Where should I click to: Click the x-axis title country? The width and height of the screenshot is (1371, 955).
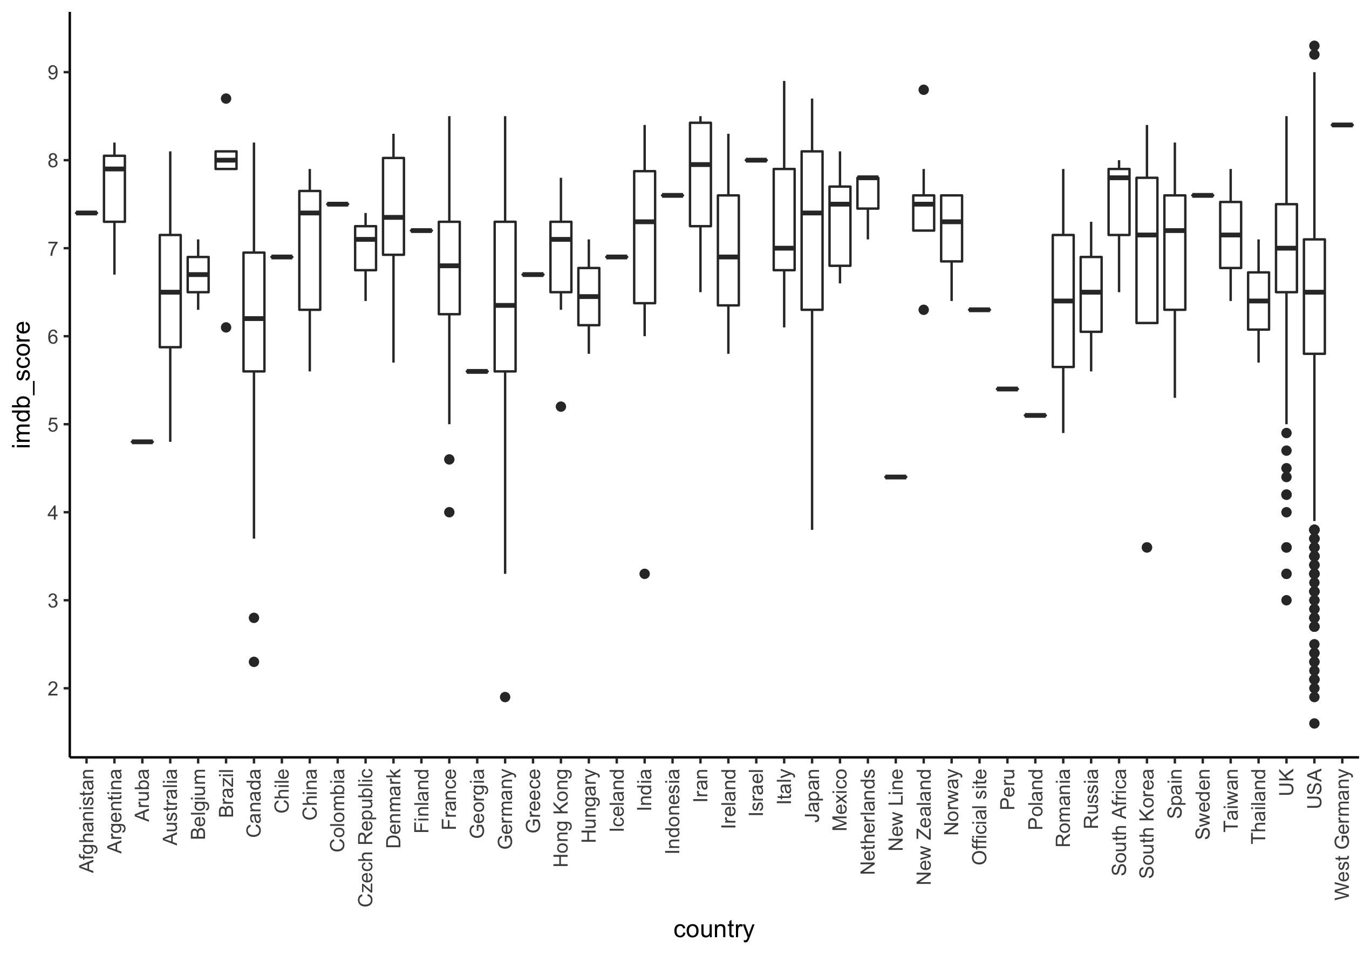pyautogui.click(x=714, y=929)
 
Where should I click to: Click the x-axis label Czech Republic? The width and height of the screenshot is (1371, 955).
pyautogui.click(x=365, y=837)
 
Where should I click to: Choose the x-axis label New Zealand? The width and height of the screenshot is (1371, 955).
pyautogui.click(x=923, y=827)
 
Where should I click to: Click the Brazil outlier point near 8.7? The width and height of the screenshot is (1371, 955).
pyautogui.click(x=226, y=99)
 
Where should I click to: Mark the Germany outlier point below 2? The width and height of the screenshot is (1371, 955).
pyautogui.click(x=505, y=697)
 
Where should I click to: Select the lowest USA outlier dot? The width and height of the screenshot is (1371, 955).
pyautogui.click(x=1314, y=724)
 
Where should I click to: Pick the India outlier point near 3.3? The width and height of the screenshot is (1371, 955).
pyautogui.click(x=644, y=574)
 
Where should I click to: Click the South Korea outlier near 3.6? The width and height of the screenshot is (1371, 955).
pyautogui.click(x=1147, y=548)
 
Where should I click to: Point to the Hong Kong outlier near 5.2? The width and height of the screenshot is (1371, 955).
pyautogui.click(x=561, y=407)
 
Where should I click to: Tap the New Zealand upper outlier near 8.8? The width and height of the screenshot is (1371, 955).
pyautogui.click(x=923, y=90)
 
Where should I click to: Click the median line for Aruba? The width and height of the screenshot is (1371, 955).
pyautogui.click(x=142, y=442)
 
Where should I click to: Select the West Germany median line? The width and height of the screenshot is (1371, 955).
pyautogui.click(x=1341, y=125)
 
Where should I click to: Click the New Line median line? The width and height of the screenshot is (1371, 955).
pyautogui.click(x=895, y=476)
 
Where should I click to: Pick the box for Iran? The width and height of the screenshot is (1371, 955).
pyautogui.click(x=700, y=179)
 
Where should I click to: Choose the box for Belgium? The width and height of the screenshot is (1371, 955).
pyautogui.click(x=197, y=275)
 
